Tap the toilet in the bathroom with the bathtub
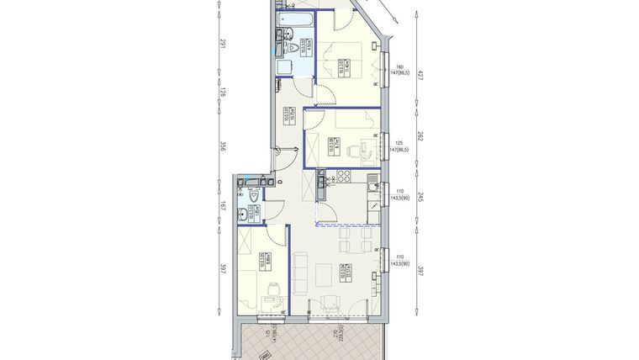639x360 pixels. click(x=293, y=50)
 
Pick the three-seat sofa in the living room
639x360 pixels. click(x=299, y=267)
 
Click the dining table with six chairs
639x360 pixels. click(x=354, y=245)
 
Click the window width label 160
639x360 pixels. click(x=400, y=66)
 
